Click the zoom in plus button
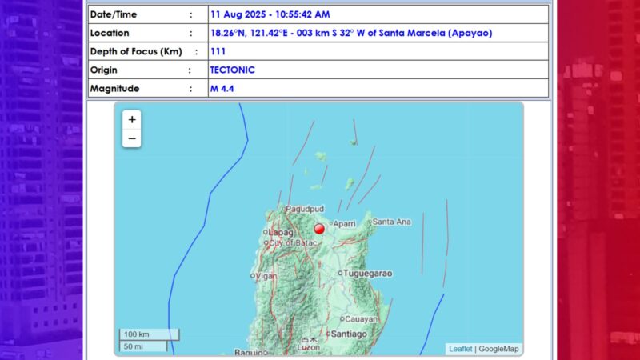coord(132,119)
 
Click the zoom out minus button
coord(132,138)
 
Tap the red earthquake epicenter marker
coord(319,229)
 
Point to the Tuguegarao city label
coord(368,273)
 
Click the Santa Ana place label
coord(393,222)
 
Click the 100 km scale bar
coord(149,334)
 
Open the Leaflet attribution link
coord(460,349)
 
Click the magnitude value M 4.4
coord(221,88)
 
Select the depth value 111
coord(217,51)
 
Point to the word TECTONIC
coord(232,70)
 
